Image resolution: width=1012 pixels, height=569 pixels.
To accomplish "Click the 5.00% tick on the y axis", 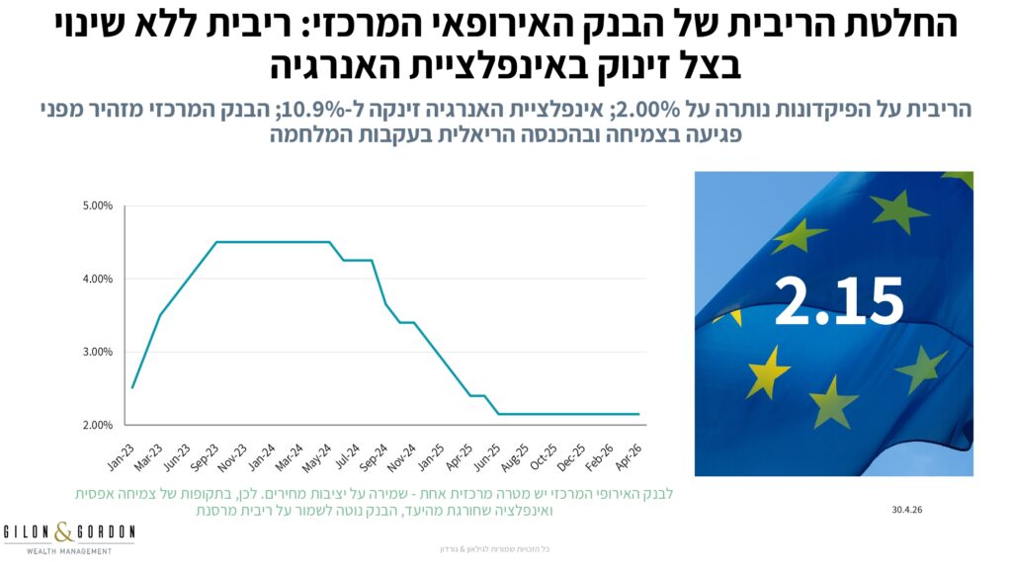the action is (98, 205).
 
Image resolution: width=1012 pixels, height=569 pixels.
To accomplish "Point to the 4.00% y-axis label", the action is (98, 279).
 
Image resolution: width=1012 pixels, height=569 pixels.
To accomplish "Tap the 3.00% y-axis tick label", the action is (98, 352).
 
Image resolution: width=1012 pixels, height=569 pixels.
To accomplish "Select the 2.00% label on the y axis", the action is (98, 425).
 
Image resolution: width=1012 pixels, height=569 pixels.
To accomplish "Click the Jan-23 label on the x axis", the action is (122, 456).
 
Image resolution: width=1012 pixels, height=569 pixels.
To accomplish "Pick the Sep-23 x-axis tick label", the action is (205, 456).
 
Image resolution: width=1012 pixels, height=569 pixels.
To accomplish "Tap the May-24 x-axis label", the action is (317, 456).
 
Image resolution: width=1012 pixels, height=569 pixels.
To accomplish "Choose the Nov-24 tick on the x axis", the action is (401, 456).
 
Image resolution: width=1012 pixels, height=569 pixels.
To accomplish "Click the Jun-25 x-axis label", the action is (486, 456).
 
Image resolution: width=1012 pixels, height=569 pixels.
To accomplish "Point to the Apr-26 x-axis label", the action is (628, 456).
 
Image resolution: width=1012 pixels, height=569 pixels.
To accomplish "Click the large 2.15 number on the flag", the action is (838, 300).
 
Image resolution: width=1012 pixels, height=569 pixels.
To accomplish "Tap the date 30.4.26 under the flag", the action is (907, 510).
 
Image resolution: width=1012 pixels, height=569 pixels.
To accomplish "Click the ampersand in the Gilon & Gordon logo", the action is (64, 531).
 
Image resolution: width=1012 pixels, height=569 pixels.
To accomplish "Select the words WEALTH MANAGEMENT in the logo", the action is (69, 551).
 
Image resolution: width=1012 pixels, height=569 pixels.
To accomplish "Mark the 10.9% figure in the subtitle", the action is (306, 110).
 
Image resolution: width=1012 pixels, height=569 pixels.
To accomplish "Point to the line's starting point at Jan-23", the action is (132, 387).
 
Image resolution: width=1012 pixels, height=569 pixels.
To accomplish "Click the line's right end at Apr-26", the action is (639, 414).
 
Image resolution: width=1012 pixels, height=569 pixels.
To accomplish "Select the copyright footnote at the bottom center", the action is (494, 549).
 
